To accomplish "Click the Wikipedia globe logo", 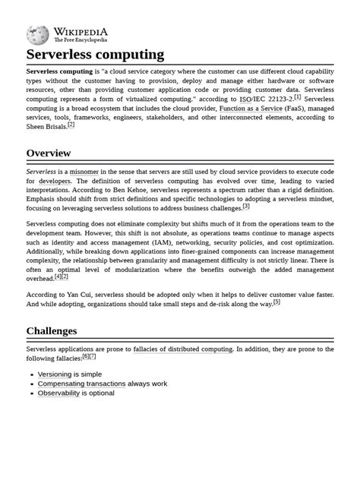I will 38,34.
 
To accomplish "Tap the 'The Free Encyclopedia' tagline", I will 80,39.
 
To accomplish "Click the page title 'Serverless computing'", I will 95,55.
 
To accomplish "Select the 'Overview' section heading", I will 49,153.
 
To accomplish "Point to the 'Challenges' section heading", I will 52,331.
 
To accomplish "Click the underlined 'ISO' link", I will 245,99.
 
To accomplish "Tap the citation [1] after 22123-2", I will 298,97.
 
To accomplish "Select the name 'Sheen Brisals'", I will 46,127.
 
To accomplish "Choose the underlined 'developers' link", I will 55,182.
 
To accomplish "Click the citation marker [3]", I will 246,206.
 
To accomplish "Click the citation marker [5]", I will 276,302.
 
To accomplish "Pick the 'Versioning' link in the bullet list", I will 55,374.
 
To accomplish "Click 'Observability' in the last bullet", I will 58,393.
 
